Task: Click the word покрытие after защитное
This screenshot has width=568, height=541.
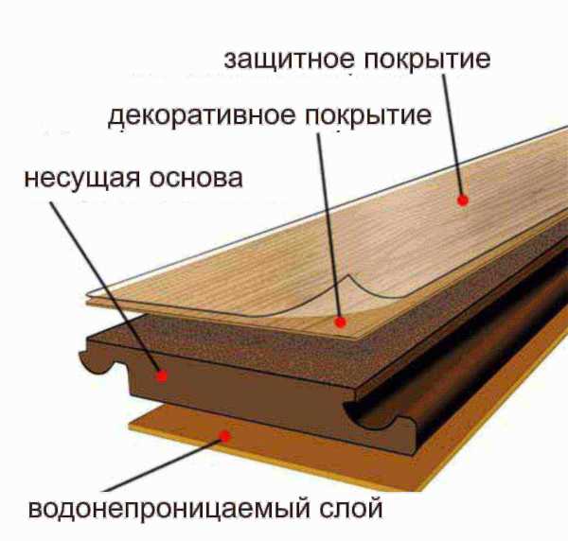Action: pyautogui.click(x=428, y=61)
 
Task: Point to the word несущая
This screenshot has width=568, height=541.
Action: pyautogui.click(x=82, y=179)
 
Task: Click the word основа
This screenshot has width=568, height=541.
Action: pyautogui.click(x=196, y=178)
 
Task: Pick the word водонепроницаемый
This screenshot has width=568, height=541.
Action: pyautogui.click(x=169, y=510)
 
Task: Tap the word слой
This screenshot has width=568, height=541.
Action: pyautogui.click(x=350, y=509)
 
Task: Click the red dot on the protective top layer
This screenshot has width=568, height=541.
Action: pyautogui.click(x=463, y=200)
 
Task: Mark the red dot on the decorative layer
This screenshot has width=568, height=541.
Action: pyautogui.click(x=340, y=322)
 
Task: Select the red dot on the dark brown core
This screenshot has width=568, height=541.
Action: pyautogui.click(x=162, y=376)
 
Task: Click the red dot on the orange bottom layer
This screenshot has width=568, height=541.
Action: pyautogui.click(x=225, y=436)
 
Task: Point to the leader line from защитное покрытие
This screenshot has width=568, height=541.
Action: pyautogui.click(x=453, y=137)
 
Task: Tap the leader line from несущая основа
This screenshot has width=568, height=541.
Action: pyautogui.click(x=106, y=288)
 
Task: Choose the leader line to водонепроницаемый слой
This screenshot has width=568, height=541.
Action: pyautogui.click(x=164, y=464)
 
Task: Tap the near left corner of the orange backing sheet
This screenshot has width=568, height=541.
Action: pyautogui.click(x=131, y=427)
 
